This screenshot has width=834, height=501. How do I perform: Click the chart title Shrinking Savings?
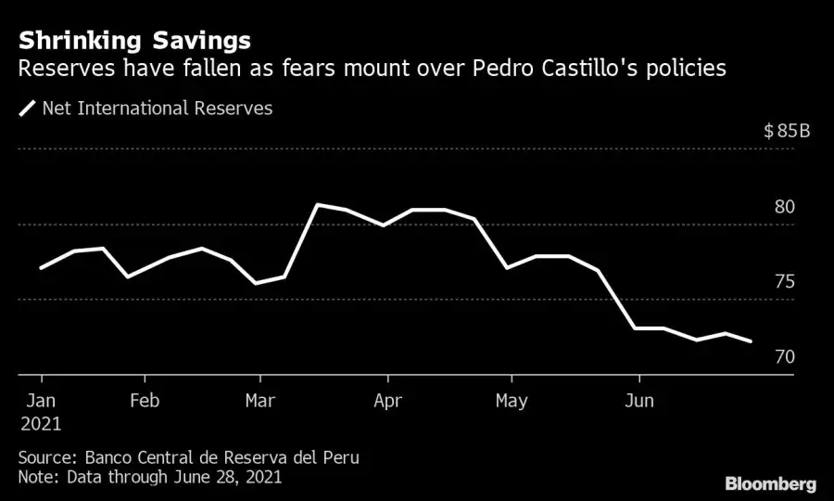click(x=133, y=41)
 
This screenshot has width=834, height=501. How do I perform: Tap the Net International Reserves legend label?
click(x=158, y=109)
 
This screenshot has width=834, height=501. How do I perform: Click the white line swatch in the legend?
click(x=28, y=109)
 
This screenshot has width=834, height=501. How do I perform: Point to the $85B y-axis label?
click(x=787, y=131)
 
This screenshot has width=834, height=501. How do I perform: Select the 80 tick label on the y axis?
click(x=785, y=207)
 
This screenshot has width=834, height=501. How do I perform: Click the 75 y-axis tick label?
click(x=785, y=282)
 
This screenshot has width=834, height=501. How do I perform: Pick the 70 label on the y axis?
click(x=785, y=357)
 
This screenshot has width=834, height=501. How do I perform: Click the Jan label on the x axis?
click(x=40, y=401)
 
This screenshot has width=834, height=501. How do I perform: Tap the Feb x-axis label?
click(x=145, y=401)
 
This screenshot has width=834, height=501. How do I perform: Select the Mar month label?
click(x=260, y=401)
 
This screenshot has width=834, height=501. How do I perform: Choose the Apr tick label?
click(x=386, y=401)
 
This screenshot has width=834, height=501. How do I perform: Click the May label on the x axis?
click(x=511, y=401)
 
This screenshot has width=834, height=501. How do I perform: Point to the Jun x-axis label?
click(x=638, y=401)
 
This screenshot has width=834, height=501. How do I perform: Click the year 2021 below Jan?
click(x=40, y=424)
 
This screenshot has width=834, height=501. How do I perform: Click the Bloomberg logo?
click(x=771, y=483)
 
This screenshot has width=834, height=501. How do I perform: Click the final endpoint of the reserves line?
click(x=751, y=341)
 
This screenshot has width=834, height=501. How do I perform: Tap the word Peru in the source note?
click(x=341, y=458)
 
